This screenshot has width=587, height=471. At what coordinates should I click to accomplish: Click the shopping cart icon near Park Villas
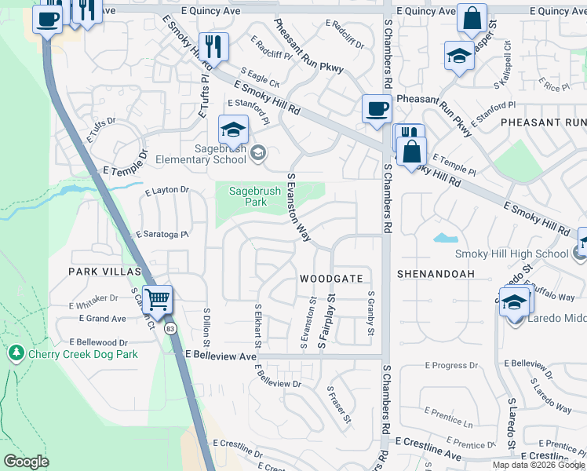158,299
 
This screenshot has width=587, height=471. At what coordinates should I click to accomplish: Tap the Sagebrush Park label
249,196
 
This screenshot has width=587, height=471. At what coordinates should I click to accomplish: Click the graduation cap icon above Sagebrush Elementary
233,130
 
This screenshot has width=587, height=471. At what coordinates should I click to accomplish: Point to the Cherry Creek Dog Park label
82,354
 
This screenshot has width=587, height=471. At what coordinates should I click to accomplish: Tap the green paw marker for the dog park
16,354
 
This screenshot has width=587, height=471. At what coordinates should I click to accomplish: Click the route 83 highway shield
170,330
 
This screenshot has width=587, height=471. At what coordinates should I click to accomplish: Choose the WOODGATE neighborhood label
331,279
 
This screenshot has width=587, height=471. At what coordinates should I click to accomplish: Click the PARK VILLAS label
104,272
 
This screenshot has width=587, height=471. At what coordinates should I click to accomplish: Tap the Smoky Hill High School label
512,254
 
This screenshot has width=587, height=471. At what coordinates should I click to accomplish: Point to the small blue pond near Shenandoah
446,238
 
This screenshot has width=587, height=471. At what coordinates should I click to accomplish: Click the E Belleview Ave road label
221,356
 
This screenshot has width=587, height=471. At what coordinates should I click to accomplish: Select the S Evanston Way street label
299,207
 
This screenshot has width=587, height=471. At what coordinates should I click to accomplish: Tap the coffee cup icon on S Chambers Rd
377,108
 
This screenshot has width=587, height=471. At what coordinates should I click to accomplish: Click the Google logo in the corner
26,461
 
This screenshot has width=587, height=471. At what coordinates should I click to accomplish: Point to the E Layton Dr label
167,190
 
